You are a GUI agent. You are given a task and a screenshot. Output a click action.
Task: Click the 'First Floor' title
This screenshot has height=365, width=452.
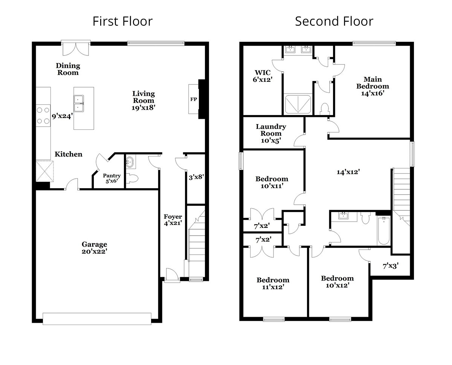click(122, 21)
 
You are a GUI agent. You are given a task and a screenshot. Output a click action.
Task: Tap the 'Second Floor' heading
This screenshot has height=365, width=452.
click(334, 21)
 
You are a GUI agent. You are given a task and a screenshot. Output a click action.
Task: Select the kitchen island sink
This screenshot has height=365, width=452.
click(79, 103)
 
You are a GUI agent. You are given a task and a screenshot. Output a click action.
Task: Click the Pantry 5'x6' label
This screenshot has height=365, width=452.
click(111, 178)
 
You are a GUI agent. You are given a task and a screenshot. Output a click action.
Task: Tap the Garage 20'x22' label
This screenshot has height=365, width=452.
click(95, 248)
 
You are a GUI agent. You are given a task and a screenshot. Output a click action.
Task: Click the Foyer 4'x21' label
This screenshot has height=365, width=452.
click(173, 219)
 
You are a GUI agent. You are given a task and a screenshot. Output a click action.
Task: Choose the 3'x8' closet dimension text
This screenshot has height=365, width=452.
click(196, 176)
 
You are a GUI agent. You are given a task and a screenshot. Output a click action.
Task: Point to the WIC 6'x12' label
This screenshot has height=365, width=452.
click(263, 76)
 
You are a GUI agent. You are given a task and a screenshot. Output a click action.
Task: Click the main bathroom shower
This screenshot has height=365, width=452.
click(298, 104)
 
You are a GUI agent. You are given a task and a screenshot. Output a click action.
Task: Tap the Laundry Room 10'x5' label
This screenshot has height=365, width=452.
click(271, 133)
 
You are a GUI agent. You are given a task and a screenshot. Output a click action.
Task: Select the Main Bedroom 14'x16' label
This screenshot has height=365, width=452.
click(373, 86)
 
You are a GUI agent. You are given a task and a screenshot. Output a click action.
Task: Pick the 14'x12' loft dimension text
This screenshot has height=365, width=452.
click(348, 172)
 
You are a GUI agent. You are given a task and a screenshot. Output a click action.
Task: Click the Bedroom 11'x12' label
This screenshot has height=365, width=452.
click(273, 283)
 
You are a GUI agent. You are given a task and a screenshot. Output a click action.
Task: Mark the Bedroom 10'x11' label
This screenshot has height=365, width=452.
click(272, 182)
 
